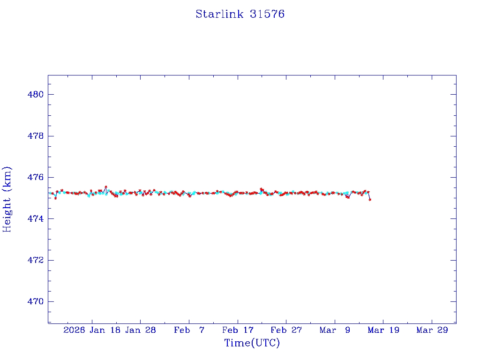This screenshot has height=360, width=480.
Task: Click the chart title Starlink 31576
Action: [240, 14]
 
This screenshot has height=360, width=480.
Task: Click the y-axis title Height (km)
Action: [7, 199]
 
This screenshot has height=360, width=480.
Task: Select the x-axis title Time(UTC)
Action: [252, 343]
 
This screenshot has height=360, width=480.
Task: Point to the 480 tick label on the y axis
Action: [36, 95]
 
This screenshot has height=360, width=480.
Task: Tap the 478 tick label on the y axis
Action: [36, 136]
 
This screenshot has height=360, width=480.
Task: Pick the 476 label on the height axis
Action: [36, 178]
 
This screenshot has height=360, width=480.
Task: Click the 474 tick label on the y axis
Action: [36, 219]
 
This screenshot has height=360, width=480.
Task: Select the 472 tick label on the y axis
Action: [36, 260]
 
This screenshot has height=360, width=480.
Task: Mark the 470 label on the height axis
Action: [36, 301]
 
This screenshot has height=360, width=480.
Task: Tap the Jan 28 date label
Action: [141, 330]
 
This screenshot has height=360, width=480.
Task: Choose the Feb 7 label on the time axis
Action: [189, 330]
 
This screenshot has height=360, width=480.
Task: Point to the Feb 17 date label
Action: [238, 330]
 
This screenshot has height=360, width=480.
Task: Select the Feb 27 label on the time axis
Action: [286, 330]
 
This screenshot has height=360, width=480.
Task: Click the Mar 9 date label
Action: [335, 330]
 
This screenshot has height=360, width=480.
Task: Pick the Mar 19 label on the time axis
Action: [383, 330]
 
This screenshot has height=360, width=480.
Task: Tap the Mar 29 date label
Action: [432, 330]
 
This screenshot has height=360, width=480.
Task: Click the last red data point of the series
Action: [370, 200]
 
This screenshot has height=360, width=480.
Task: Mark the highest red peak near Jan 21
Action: [106, 187]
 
